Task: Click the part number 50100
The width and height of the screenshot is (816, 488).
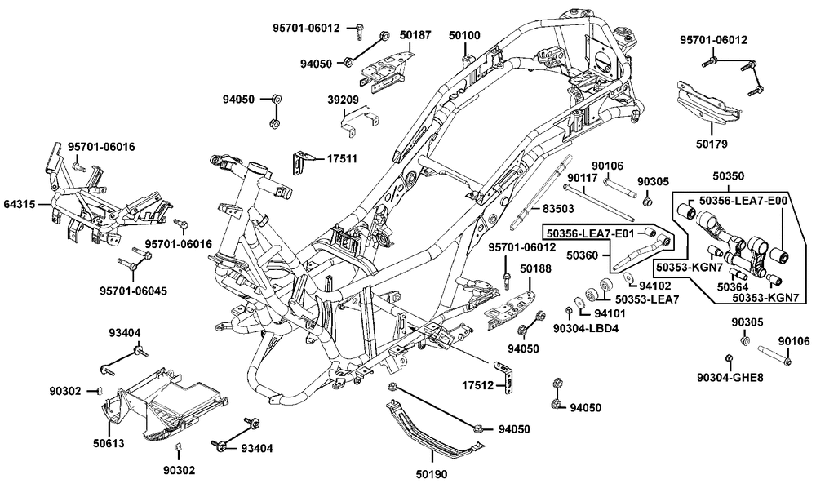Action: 464,37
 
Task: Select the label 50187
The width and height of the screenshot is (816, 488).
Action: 415,37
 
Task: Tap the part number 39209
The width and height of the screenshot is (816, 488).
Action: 344,99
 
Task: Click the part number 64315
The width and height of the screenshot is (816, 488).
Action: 20,204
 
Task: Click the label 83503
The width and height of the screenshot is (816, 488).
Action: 558,210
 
